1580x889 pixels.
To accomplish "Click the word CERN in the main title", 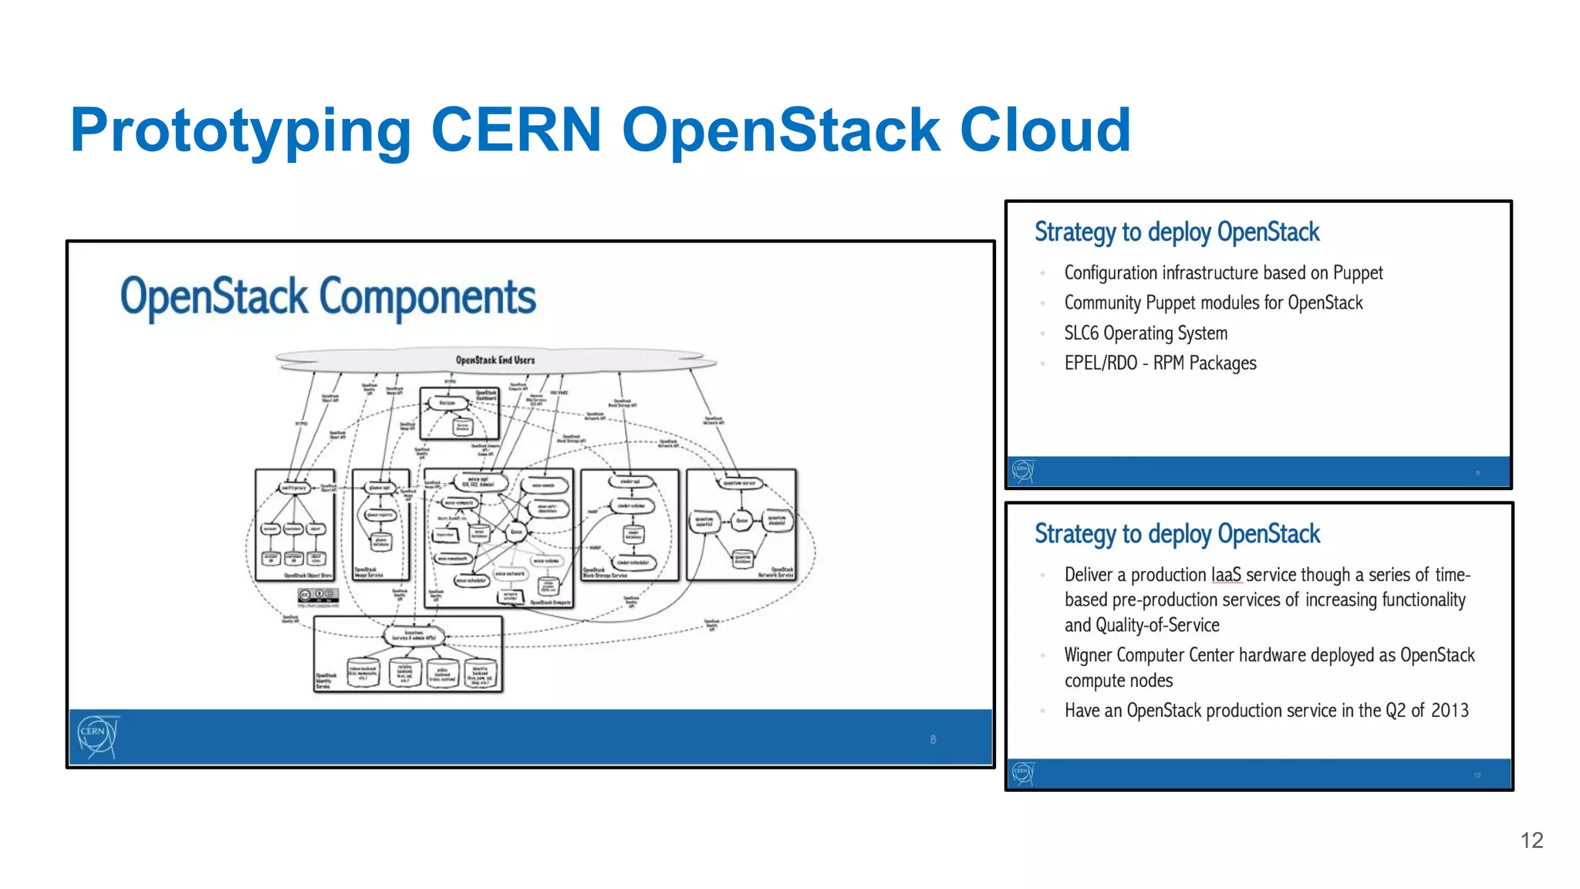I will click(515, 130).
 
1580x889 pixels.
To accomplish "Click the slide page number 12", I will click(1531, 840).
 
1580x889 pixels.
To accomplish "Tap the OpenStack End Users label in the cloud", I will click(495, 360).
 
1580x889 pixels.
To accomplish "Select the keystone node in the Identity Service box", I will click(414, 635).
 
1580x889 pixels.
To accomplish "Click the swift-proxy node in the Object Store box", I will click(294, 488).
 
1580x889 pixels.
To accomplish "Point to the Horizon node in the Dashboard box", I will click(448, 403).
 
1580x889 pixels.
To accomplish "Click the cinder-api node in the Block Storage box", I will click(630, 482).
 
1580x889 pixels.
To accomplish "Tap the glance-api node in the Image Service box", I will click(380, 488).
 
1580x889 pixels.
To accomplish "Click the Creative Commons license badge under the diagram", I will click(318, 595).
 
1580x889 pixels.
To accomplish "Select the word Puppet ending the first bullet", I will click(1357, 273).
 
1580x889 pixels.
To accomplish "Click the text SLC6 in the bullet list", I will click(1081, 333).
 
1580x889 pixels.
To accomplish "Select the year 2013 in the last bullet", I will click(1450, 711).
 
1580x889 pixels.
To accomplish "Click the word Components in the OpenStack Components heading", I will click(427, 298).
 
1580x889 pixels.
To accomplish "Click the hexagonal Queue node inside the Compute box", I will click(516, 532).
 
